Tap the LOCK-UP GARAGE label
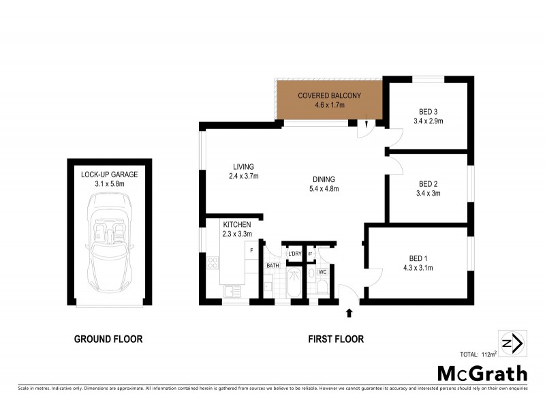point(109,175)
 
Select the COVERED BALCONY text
point(329,95)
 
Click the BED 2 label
point(428,184)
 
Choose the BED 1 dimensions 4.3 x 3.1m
point(418,267)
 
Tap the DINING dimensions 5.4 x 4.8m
point(324,189)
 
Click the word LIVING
point(243,166)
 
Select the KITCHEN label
point(237,224)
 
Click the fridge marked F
point(252,251)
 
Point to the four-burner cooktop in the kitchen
point(212,262)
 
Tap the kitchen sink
point(232,292)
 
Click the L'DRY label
point(294,254)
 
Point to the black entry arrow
point(349,312)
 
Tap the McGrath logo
point(482,373)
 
